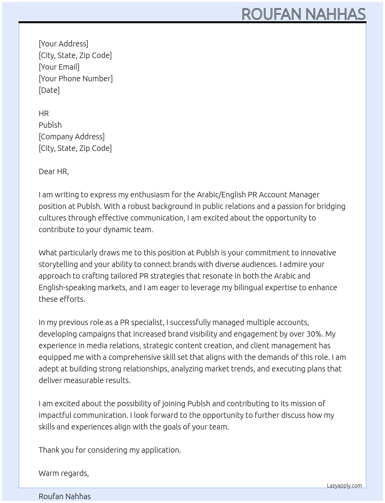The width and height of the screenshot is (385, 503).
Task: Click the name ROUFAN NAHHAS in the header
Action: [303, 14]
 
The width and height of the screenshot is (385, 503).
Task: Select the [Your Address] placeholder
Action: [63, 44]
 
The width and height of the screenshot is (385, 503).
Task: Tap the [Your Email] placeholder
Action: [59, 67]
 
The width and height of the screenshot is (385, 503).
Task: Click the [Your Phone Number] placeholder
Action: [76, 79]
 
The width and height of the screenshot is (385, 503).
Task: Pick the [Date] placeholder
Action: [49, 90]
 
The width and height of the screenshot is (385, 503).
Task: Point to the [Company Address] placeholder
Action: [72, 137]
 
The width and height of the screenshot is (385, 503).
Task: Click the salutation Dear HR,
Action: [54, 171]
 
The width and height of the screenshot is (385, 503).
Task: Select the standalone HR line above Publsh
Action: [44, 113]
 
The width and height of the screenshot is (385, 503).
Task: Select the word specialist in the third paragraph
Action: [148, 322]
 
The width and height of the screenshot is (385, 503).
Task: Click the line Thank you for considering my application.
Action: [110, 450]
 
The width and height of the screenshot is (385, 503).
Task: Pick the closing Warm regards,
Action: [64, 473]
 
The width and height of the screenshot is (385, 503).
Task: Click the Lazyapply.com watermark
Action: [344, 486]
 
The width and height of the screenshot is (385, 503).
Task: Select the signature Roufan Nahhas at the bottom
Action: [65, 496]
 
